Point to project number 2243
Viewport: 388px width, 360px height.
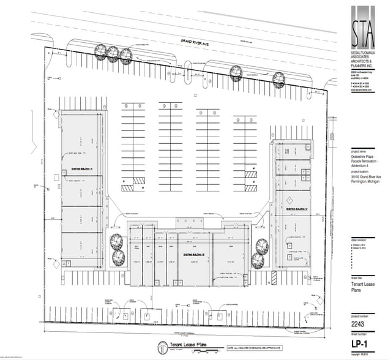360,308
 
